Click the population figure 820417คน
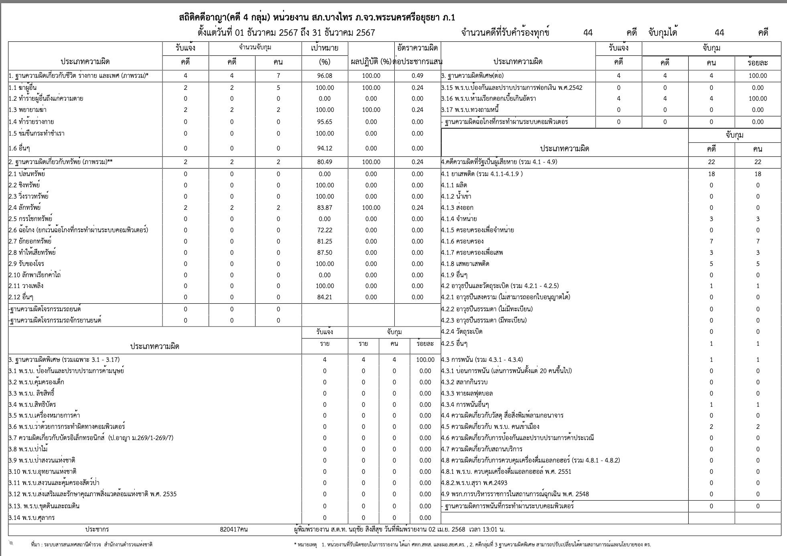[233, 529]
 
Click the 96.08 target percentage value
[325, 76]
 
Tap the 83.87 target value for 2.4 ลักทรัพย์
[325, 207]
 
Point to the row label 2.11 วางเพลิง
[26, 286]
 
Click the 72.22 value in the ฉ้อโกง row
[325, 230]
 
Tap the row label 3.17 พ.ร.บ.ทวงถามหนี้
[470, 110]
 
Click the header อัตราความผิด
[417, 48]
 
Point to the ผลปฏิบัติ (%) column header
[371, 62]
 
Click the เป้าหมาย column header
[325, 48]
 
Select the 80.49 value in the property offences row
[325, 162]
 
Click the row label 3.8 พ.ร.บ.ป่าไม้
[32, 449]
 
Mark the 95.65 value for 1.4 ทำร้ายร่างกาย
[325, 122]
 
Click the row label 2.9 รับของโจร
[26, 264]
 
